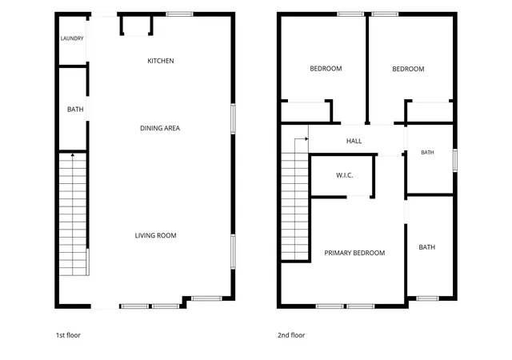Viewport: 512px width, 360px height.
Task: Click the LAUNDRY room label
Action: click(x=72, y=38)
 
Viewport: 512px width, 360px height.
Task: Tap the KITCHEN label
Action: click(x=161, y=61)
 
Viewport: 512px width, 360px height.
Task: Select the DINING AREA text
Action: click(x=160, y=128)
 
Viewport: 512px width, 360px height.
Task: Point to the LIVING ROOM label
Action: click(x=155, y=235)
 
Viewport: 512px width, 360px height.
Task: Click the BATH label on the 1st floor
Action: click(x=75, y=109)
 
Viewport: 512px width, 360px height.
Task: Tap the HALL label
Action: click(x=354, y=141)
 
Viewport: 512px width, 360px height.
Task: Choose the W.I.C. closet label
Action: click(x=345, y=175)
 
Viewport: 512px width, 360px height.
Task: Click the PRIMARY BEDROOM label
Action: click(x=354, y=253)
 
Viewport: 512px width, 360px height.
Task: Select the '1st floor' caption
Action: click(x=68, y=335)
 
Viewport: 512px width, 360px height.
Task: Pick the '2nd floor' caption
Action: click(x=291, y=335)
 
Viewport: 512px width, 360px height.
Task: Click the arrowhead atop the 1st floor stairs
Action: click(x=73, y=155)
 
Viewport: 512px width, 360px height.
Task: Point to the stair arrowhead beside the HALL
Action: click(x=306, y=139)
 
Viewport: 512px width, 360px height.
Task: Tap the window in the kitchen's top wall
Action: click(x=179, y=14)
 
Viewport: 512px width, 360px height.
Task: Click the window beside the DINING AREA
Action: click(x=233, y=119)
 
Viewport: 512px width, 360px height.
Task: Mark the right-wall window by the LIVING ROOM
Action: click(x=233, y=252)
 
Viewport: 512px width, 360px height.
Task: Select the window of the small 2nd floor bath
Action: click(x=455, y=160)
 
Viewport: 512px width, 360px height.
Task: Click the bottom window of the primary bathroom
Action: click(x=427, y=298)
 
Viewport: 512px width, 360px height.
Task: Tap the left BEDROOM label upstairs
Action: click(x=326, y=69)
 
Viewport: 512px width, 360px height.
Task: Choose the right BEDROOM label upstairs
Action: click(x=408, y=69)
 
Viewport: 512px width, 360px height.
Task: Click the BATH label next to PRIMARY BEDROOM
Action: click(x=426, y=247)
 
